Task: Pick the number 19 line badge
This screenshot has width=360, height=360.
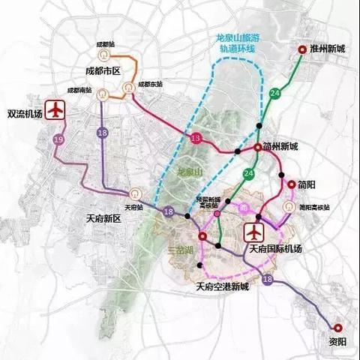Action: (x=58, y=139)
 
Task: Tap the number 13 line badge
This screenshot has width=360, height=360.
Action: (x=196, y=139)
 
